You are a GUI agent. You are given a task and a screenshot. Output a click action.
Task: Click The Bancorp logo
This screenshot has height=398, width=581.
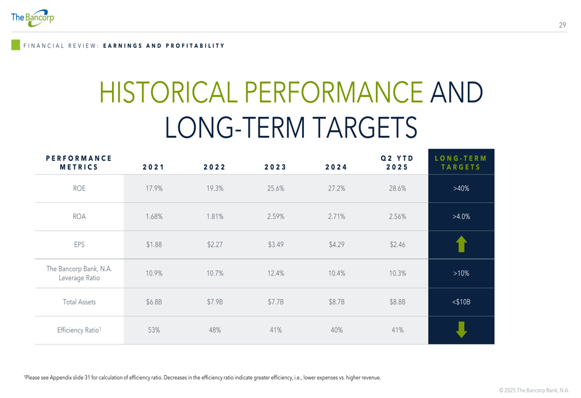point(33,18)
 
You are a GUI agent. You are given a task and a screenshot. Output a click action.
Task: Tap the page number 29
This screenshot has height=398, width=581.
point(562,25)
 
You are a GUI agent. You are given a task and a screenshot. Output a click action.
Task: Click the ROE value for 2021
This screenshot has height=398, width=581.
point(154,188)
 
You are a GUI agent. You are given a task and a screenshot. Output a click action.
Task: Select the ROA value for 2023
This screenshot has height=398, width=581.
point(275,217)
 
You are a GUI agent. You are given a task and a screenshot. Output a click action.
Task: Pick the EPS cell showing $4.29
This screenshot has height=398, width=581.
point(336,245)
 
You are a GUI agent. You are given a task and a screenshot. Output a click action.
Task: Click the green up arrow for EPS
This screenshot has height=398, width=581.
point(461,244)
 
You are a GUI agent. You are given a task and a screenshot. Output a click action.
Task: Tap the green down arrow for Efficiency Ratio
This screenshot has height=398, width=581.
point(461,330)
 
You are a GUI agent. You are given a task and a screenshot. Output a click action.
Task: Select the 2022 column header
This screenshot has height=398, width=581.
point(214,167)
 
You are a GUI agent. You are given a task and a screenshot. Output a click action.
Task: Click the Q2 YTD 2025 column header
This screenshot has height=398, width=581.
point(397,162)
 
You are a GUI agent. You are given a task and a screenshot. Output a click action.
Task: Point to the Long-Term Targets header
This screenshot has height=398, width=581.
point(461,162)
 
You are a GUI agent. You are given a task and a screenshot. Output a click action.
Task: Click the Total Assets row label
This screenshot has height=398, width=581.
point(79,302)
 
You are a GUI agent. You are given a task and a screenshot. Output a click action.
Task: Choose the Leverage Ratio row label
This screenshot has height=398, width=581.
point(79,273)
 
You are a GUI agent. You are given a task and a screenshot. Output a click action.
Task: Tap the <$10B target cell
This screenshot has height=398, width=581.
point(461,302)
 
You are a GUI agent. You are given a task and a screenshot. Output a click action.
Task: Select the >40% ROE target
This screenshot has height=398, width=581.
point(461,188)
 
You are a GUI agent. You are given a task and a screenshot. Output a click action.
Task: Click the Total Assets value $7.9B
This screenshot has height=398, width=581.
point(214,302)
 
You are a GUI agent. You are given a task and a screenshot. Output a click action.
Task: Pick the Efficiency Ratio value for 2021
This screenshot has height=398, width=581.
point(154,330)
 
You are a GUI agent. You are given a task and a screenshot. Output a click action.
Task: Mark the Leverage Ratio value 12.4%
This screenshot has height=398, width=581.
point(275,273)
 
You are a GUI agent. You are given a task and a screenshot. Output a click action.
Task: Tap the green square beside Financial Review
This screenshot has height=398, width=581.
point(16,45)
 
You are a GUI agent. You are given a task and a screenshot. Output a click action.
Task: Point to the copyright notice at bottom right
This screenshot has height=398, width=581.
point(534,390)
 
